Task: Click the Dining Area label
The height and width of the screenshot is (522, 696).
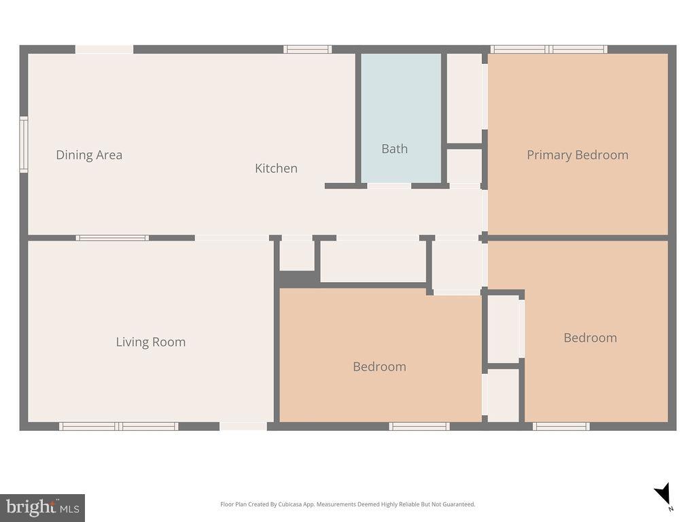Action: [x=89, y=155]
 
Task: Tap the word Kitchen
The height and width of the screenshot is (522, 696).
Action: [x=276, y=168]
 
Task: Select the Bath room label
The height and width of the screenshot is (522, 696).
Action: [x=394, y=148]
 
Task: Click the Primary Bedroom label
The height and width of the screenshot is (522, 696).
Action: [x=577, y=155]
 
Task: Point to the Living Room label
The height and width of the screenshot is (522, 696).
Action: [x=150, y=342]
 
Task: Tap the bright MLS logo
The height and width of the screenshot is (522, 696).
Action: [x=42, y=507]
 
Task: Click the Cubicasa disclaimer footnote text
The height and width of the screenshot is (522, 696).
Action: [x=347, y=504]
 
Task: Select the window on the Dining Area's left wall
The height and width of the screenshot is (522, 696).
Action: [x=24, y=144]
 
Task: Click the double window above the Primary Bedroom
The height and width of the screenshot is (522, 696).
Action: [x=549, y=49]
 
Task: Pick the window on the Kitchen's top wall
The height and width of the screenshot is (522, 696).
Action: [x=307, y=49]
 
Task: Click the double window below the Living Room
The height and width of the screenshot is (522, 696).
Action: [x=119, y=426]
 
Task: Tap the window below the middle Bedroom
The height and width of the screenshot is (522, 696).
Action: [x=419, y=426]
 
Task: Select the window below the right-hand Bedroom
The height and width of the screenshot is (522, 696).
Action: [x=561, y=426]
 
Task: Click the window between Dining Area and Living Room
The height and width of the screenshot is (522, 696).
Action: [x=112, y=238]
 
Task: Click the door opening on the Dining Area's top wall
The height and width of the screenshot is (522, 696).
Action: [x=104, y=49]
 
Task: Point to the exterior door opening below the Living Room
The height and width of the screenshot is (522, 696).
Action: [x=243, y=426]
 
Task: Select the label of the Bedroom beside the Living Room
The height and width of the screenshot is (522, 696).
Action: [x=379, y=367]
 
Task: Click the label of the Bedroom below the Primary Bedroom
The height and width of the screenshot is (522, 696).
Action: [x=590, y=338]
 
